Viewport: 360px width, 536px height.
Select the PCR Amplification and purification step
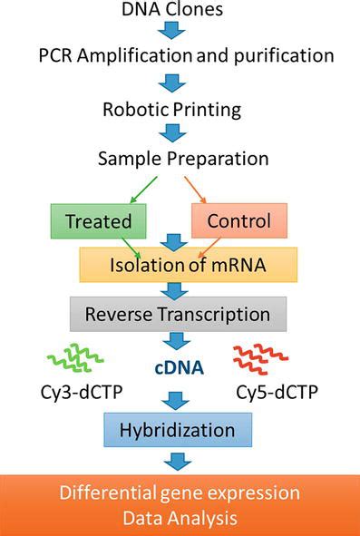(x=179, y=55)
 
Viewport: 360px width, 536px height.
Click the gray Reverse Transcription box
(x=178, y=314)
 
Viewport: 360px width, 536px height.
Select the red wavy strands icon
(x=262, y=360)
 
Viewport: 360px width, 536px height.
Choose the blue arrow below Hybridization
(x=178, y=461)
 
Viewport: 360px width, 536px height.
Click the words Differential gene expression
(x=179, y=494)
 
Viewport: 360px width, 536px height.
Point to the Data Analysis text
(x=179, y=519)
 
